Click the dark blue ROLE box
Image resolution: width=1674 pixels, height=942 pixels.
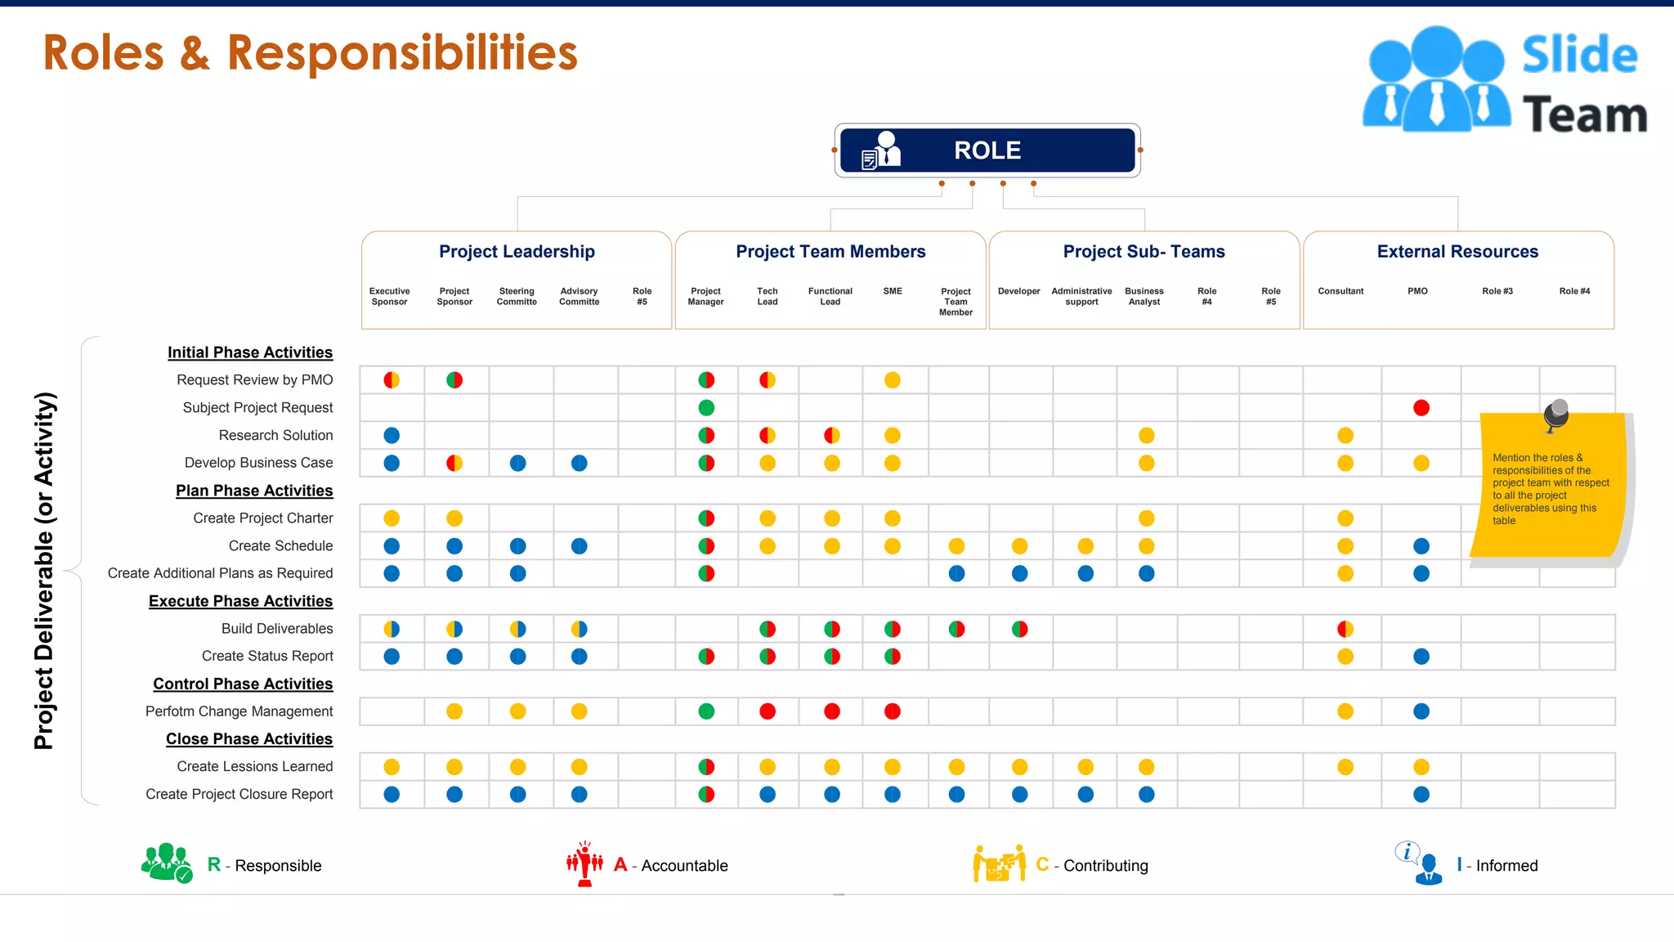[987, 150]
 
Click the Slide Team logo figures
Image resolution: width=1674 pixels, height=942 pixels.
[1436, 80]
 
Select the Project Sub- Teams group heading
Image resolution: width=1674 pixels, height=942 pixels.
[1144, 252]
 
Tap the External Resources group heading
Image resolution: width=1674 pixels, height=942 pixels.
[1457, 252]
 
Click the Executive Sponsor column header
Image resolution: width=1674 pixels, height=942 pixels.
[390, 296]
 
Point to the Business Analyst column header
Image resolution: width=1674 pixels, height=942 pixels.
[1144, 296]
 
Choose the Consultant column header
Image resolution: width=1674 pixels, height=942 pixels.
[1341, 291]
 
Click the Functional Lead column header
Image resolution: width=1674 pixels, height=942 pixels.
[830, 296]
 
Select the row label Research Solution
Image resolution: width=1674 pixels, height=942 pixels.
[275, 435]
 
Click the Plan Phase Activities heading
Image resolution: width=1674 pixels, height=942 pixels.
[254, 491]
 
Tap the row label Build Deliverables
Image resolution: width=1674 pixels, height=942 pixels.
[277, 628]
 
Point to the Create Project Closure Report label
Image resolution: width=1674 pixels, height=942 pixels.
[239, 794]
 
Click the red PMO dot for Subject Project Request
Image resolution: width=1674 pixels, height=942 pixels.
[1421, 408]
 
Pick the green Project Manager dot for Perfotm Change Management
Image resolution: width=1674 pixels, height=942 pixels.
[707, 711]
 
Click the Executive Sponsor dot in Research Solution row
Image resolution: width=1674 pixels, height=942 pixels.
[392, 435]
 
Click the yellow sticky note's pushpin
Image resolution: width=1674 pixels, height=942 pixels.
[1556, 414]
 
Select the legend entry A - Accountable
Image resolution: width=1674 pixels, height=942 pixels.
[671, 865]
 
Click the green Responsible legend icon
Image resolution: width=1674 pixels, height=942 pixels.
[167, 863]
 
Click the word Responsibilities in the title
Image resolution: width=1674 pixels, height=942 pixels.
[402, 53]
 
